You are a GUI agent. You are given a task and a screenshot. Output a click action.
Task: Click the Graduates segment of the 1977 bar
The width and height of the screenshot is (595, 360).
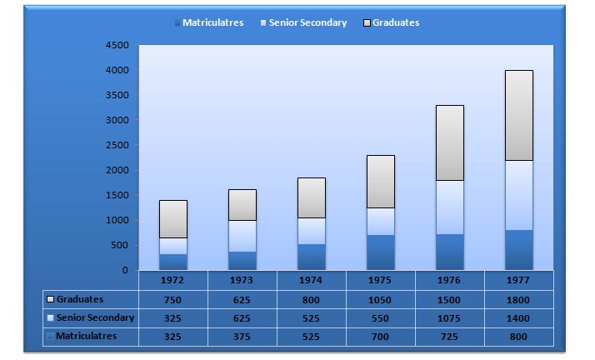pos(519,115)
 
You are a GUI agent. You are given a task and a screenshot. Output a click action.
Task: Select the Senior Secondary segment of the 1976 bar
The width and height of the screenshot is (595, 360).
pos(450,207)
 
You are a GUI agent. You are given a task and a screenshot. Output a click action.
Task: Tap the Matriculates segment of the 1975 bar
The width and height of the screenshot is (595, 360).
pos(381,252)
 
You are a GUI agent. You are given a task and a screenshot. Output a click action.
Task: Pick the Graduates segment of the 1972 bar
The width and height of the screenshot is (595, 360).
pos(173,218)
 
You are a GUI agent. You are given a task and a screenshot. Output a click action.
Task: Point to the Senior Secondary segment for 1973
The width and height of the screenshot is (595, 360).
pos(242,236)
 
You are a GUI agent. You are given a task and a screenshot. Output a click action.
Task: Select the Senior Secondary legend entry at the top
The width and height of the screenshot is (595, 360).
pos(303,22)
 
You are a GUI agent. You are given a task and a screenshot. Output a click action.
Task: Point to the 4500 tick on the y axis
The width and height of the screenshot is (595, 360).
pos(117,45)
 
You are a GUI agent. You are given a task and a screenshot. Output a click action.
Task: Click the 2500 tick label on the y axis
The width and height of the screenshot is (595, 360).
pos(117,145)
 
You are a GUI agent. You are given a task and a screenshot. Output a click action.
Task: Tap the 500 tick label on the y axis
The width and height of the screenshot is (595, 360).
pos(120,245)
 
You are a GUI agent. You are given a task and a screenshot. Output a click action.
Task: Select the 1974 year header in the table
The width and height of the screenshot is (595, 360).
pos(312,281)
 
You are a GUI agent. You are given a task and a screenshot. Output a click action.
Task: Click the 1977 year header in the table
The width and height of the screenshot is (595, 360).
pos(519,281)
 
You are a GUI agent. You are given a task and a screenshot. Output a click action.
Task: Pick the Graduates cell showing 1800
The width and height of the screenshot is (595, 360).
pos(519,299)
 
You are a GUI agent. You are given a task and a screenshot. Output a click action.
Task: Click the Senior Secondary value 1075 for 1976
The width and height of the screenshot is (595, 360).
pos(450,317)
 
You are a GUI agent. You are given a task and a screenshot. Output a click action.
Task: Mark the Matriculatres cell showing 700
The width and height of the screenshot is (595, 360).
pos(381,336)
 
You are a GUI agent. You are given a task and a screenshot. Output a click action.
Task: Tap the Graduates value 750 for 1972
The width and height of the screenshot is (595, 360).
pos(173,299)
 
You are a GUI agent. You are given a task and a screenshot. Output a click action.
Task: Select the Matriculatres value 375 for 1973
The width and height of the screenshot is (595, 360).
pos(242,336)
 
